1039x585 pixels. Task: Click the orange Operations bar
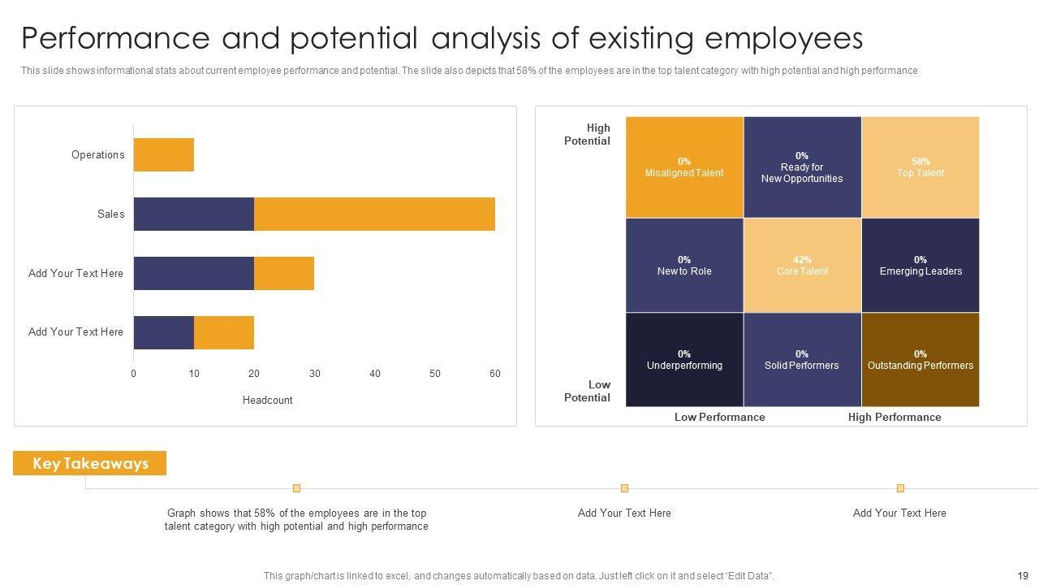pos(164,154)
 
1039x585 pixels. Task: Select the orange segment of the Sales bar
pos(374,214)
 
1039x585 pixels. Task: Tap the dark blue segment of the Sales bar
pos(194,214)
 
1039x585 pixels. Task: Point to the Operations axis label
pos(98,155)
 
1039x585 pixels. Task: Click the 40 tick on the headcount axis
pos(375,374)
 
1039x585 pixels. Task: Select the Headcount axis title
pos(267,400)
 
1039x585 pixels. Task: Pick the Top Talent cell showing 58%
pos(920,167)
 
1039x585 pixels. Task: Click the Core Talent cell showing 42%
pos(802,266)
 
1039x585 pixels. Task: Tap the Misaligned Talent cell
pos(684,167)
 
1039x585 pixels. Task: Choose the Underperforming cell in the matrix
pos(684,360)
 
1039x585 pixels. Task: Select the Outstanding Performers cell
pos(920,360)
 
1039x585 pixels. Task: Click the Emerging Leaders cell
pos(920,266)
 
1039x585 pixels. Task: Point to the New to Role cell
pos(684,266)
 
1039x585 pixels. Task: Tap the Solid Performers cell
pos(802,360)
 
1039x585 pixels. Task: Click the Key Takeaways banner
pos(90,463)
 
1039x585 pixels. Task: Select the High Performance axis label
pos(895,417)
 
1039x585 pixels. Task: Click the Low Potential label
pos(587,391)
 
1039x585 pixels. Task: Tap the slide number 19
pos(1022,575)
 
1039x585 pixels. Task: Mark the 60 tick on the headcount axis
pos(495,374)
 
